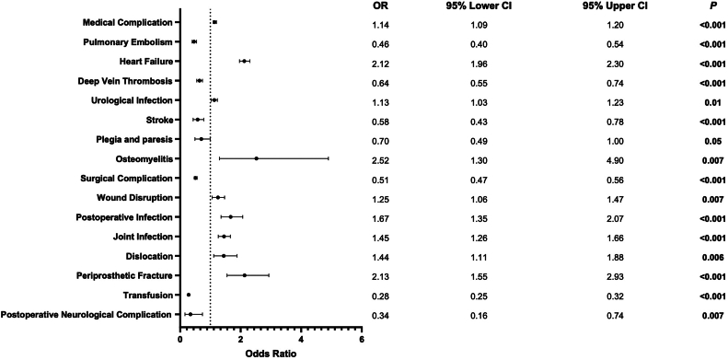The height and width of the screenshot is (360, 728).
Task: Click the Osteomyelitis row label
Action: coord(145,159)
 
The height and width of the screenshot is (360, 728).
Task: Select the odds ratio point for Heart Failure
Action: coord(244,61)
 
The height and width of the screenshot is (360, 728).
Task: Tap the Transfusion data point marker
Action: coord(189,295)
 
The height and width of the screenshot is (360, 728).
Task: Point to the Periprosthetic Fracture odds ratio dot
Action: coord(245,275)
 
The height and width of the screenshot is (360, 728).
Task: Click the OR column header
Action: coord(379,6)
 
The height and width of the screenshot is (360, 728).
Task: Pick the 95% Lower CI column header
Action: coord(480,6)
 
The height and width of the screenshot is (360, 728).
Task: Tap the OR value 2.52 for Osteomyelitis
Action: coord(380,161)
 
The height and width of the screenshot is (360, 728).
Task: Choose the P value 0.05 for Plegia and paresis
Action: coord(712,141)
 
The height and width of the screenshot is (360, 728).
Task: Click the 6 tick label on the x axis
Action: coord(362,339)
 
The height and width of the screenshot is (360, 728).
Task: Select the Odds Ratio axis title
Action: coord(272,353)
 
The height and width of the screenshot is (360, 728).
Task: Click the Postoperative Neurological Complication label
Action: coord(87,315)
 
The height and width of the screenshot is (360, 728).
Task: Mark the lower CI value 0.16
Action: coord(480,317)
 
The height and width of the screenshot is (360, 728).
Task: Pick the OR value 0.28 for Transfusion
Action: coord(380,297)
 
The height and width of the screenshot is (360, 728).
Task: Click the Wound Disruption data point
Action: coord(218,197)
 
